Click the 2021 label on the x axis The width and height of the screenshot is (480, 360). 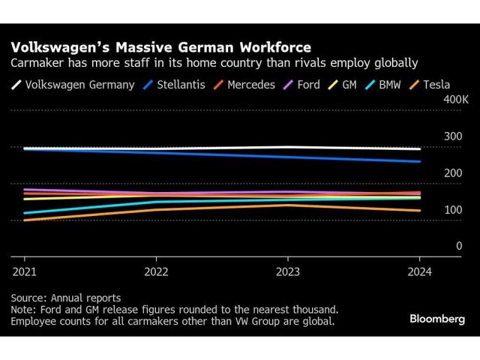pos(24,271)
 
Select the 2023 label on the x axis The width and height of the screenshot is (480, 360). pos(288,271)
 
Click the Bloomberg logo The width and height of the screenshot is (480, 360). pos(437,319)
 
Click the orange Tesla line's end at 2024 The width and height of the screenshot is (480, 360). pos(419,211)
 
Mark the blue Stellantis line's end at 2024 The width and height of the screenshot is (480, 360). pos(419,161)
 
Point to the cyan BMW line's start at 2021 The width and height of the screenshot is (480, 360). pos(25,213)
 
